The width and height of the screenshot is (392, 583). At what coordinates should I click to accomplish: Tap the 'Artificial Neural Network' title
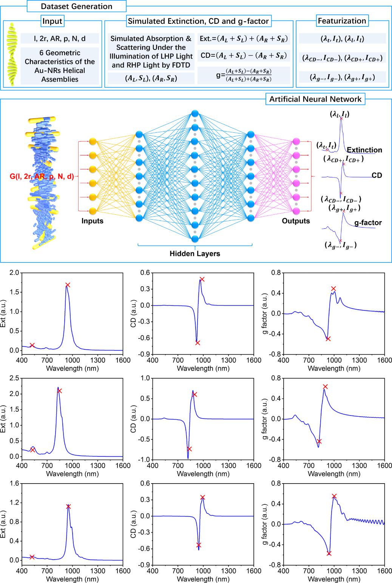click(x=315, y=99)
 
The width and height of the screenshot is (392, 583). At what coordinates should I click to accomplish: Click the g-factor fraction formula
click(x=242, y=74)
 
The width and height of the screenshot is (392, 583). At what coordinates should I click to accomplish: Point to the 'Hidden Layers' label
click(x=195, y=254)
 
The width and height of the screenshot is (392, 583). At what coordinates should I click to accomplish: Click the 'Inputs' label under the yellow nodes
click(x=93, y=221)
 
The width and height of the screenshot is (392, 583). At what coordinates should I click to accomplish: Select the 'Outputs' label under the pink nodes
click(x=296, y=221)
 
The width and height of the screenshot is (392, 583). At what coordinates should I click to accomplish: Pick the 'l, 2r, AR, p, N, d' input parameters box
click(x=60, y=38)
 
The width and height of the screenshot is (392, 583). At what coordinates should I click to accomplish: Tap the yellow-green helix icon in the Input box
click(x=13, y=54)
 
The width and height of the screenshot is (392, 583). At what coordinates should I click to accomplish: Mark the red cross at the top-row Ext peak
click(x=68, y=285)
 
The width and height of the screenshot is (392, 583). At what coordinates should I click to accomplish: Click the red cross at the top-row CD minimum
click(x=198, y=343)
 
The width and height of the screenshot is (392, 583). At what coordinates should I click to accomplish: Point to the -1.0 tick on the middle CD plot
click(x=145, y=460)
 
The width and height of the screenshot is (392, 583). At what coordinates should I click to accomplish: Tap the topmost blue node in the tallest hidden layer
click(x=195, y=113)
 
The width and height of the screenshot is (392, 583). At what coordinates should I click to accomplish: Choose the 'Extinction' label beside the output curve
click(x=364, y=150)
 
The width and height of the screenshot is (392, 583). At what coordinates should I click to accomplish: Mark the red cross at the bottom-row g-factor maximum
click(x=334, y=496)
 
